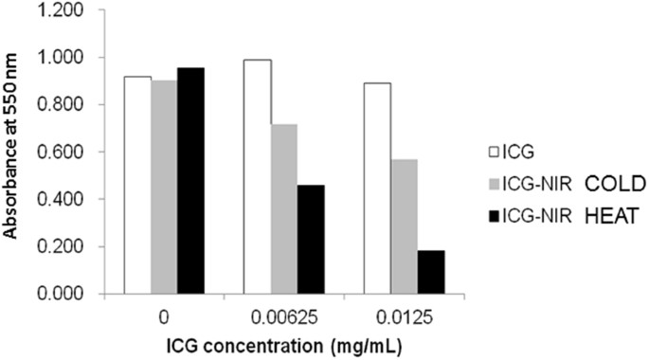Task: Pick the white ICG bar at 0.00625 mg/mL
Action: [257, 176]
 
